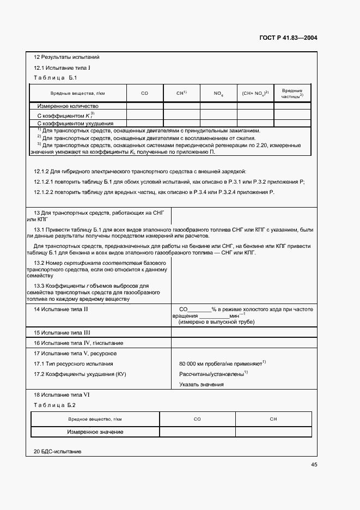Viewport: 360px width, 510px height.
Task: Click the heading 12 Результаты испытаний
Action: (66, 57)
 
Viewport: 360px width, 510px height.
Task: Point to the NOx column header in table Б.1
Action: (218, 94)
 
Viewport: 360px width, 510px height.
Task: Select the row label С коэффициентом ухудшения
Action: (71, 123)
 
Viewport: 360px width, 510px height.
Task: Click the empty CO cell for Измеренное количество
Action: (144, 106)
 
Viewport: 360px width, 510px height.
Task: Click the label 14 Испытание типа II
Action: (61, 309)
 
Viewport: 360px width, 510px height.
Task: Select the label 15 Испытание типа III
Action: (62, 332)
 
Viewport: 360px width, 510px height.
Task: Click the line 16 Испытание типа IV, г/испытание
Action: (78, 343)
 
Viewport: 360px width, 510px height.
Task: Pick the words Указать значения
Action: (202, 384)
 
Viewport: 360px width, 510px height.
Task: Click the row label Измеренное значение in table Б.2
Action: (95, 432)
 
